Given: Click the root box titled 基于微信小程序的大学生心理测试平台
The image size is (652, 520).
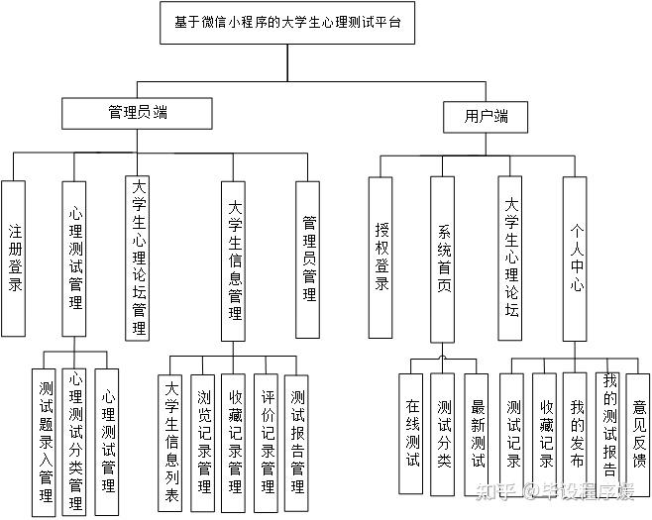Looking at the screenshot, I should pyautogui.click(x=287, y=23).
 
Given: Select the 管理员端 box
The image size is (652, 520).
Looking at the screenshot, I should pyautogui.click(x=137, y=113).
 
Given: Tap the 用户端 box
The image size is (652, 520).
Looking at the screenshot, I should pyautogui.click(x=486, y=116).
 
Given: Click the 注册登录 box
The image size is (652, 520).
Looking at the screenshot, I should pyautogui.click(x=14, y=258).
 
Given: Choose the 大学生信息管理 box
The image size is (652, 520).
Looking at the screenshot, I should pyautogui.click(x=234, y=260).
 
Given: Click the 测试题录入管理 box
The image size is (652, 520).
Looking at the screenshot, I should pyautogui.click(x=45, y=434).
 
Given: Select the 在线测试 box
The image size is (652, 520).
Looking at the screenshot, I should pyautogui.click(x=413, y=432).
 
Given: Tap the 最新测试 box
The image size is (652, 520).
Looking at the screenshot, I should pyautogui.click(x=477, y=432).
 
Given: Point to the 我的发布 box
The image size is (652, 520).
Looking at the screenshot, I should pyautogui.click(x=577, y=432).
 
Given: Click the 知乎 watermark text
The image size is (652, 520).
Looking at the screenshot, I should pyautogui.click(x=496, y=489).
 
